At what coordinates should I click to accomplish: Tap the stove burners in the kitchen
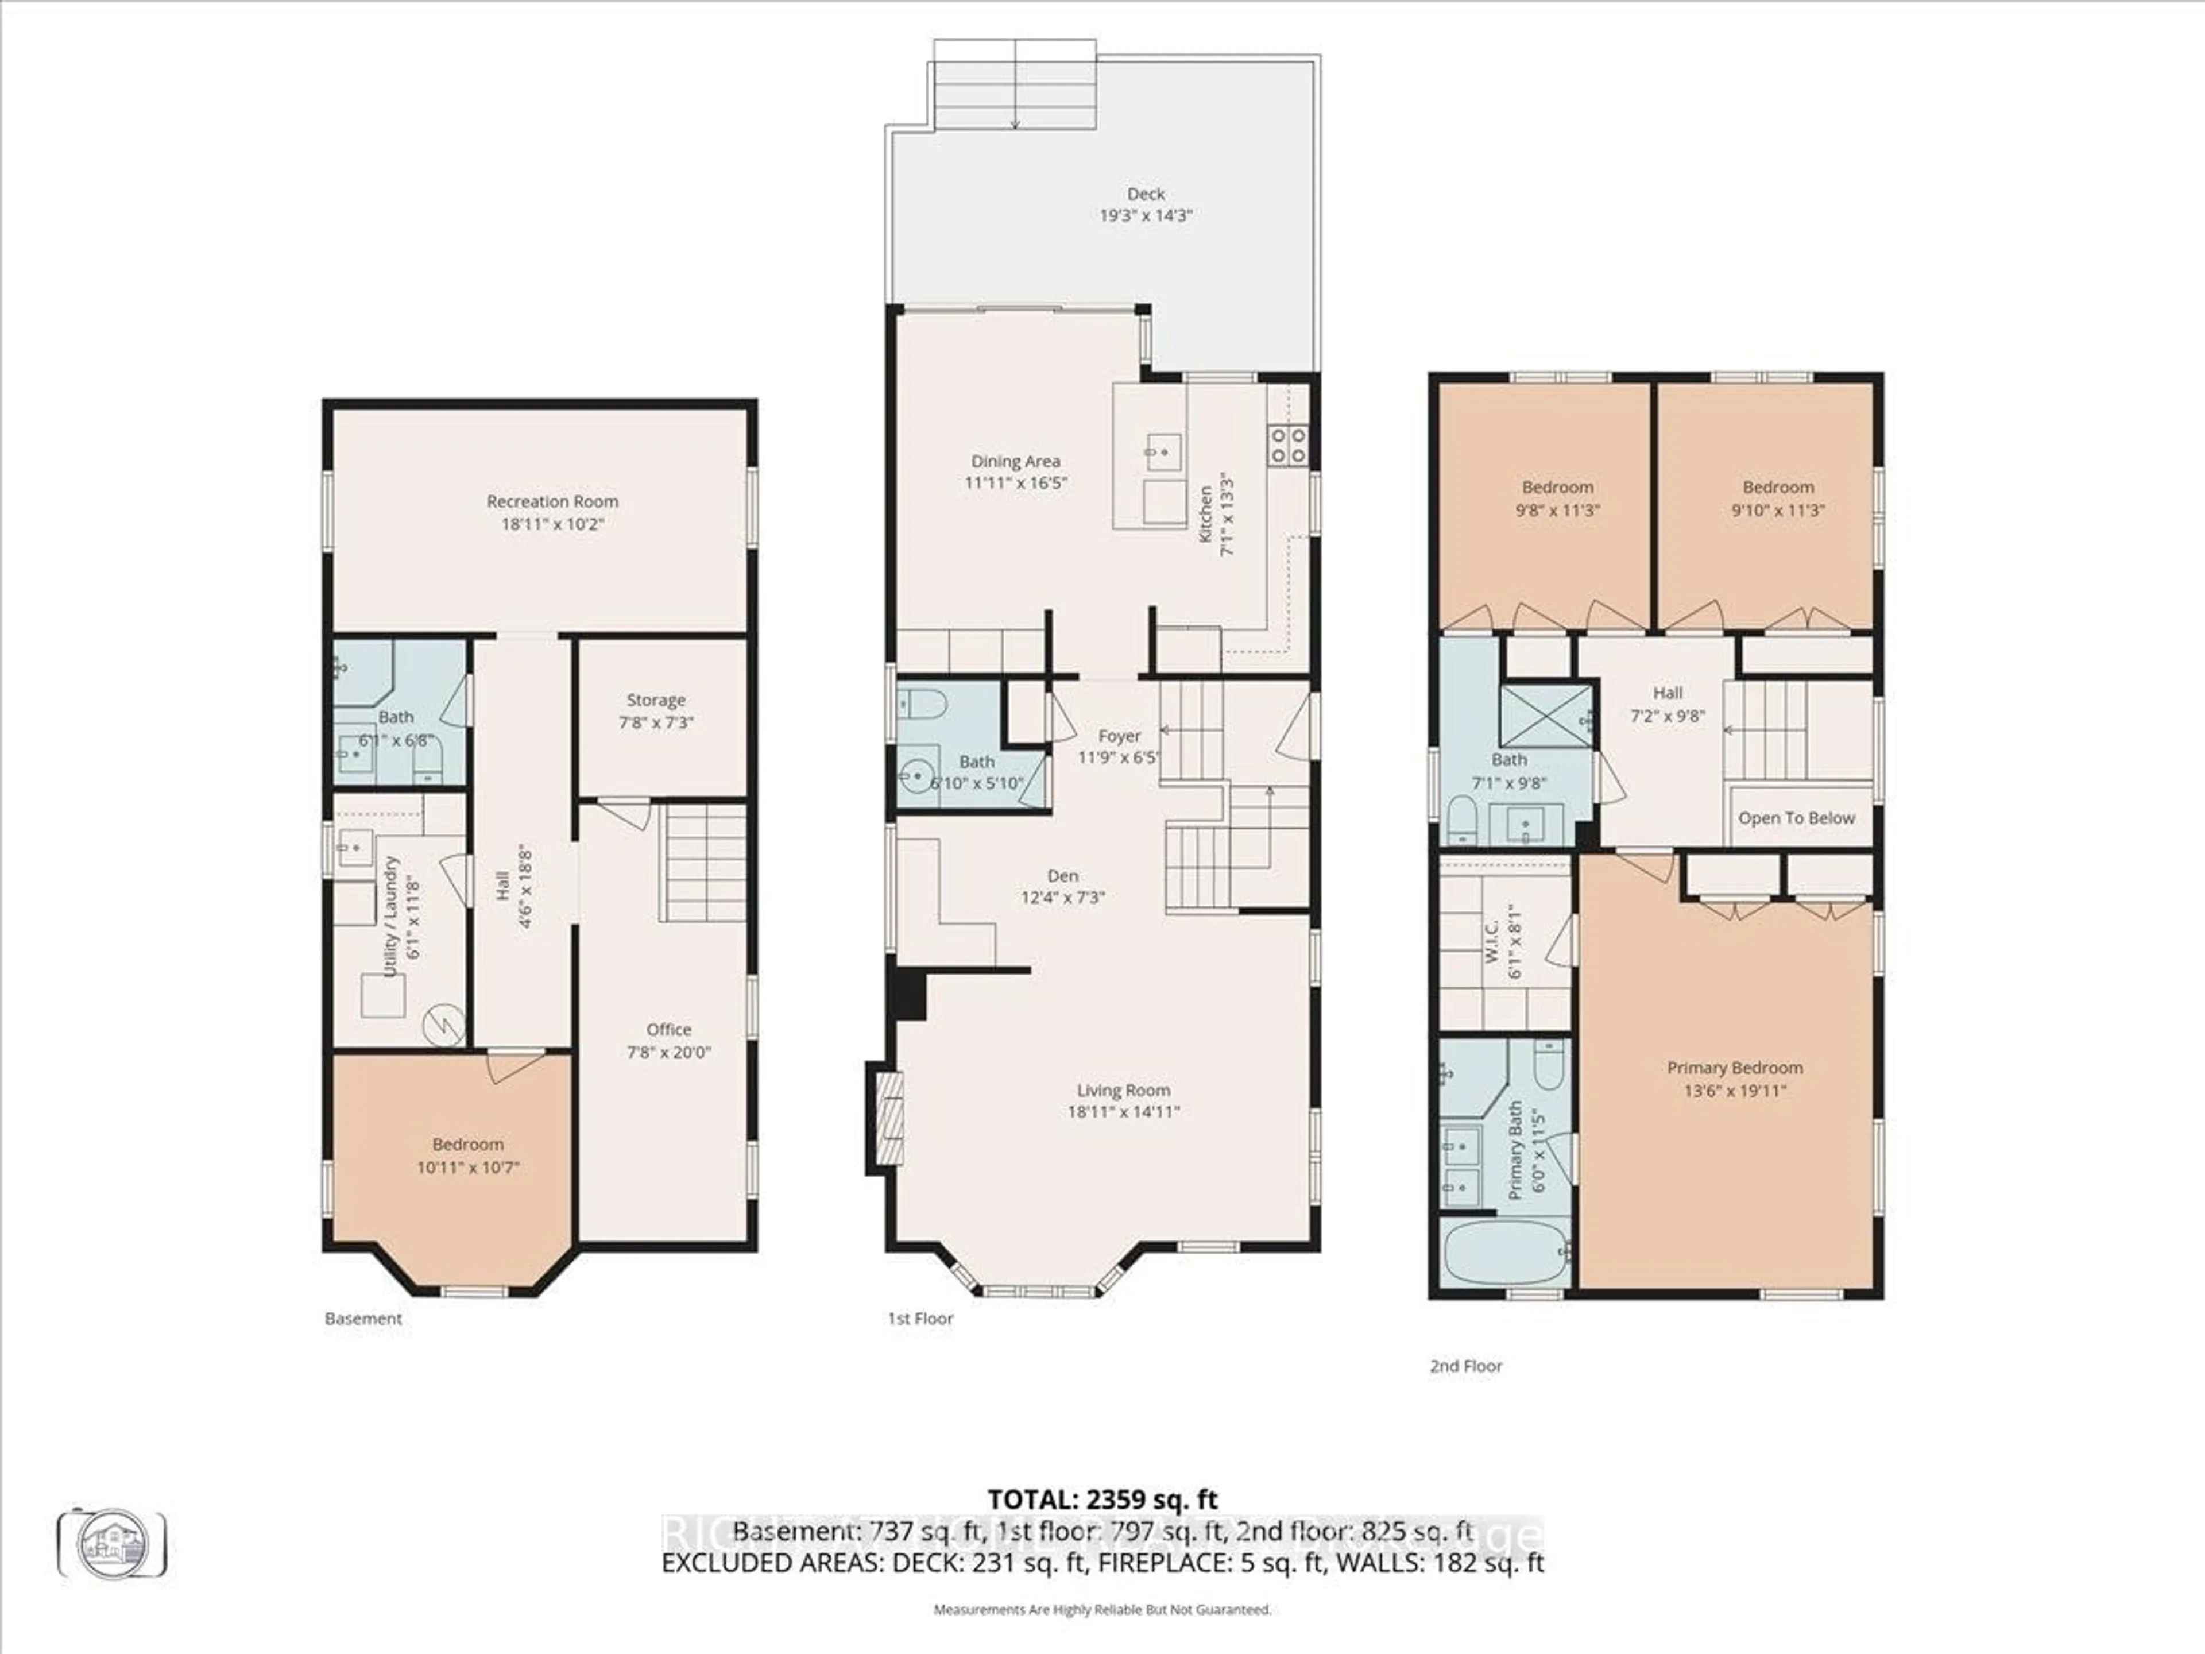click(1287, 444)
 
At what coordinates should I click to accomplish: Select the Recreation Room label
click(552, 501)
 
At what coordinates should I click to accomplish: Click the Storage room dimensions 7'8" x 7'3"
click(656, 723)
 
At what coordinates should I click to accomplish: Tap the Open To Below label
click(1796, 818)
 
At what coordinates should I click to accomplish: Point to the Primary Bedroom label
click(1735, 1068)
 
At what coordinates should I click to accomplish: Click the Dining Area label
click(1016, 462)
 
